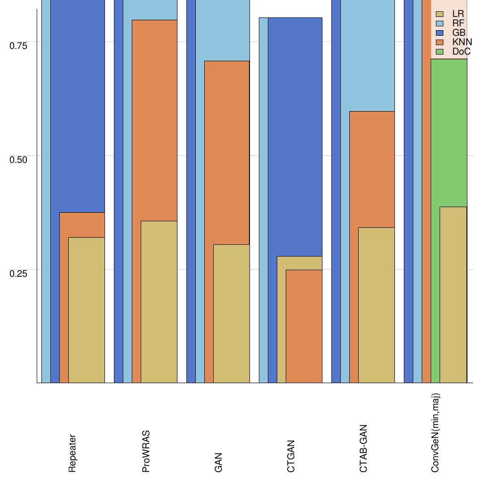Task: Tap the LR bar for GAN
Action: pyautogui.click(x=231, y=313)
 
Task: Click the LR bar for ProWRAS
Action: pyautogui.click(x=159, y=302)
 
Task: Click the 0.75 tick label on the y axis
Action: pyautogui.click(x=19, y=45)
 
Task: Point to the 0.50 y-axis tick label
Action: pyautogui.click(x=19, y=159)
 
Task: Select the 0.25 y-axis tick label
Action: pyautogui.click(x=19, y=273)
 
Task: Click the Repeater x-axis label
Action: pyautogui.click(x=72, y=453)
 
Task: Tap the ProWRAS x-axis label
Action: pyautogui.click(x=145, y=451)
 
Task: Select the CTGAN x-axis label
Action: pyautogui.click(x=291, y=456)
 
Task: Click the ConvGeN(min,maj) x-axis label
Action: pyautogui.click(x=435, y=433)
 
